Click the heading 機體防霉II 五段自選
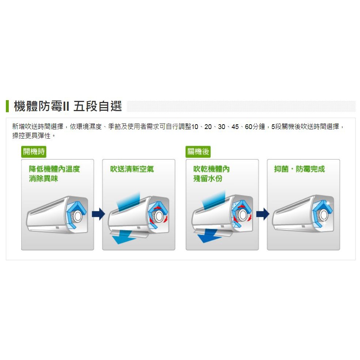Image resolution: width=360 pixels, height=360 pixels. pos(68,107)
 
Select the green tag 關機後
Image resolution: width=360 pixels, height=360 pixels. pos(198,152)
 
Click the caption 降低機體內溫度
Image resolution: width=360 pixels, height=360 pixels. pos(54,169)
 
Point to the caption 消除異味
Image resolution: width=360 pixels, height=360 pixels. pos(43,178)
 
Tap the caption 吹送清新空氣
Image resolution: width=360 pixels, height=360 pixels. pos(132,169)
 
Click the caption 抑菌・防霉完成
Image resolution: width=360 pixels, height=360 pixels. pos(299,169)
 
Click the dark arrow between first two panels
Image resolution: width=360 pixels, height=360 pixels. pos(98,214)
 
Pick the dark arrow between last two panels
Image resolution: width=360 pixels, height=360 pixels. pos(263,214)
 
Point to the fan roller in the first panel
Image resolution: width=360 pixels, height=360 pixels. pos(77,217)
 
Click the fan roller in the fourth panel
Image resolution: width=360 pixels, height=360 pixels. pos(323,217)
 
